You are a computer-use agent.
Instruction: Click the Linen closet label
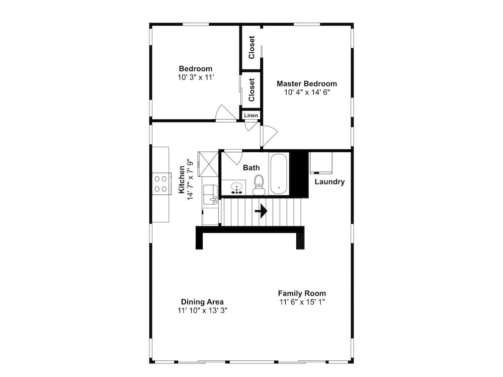[x=251, y=116]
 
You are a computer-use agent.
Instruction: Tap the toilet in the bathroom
[x=259, y=185]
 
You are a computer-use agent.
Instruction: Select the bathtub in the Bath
[x=279, y=174]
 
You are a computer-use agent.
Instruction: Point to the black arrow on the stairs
[x=261, y=211]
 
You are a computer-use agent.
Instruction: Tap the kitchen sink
[x=210, y=194]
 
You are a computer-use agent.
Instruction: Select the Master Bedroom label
[x=307, y=83]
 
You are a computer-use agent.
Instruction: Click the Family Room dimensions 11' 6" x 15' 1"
[x=302, y=302]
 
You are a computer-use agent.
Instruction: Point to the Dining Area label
[x=202, y=302]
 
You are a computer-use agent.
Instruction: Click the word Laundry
[x=329, y=182]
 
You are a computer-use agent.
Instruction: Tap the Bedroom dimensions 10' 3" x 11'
[x=196, y=77]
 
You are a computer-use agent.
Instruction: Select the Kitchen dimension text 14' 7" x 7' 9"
[x=191, y=179]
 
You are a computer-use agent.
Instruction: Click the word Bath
[x=251, y=168]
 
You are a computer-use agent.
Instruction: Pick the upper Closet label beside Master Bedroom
[x=251, y=47]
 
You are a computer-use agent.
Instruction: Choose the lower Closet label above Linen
[x=251, y=90]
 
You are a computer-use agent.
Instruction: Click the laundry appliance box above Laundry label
[x=321, y=162]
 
